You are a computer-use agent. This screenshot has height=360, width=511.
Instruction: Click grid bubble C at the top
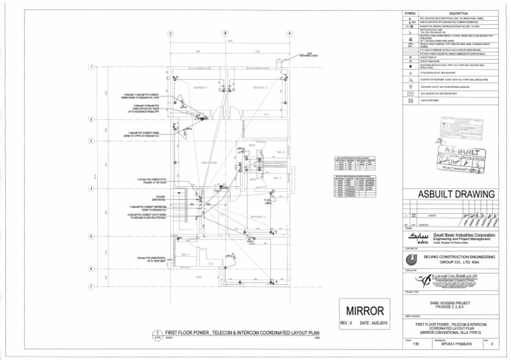[170, 33]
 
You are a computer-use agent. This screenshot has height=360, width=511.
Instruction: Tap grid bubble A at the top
[289, 33]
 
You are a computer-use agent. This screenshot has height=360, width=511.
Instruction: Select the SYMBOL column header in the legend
[413, 13]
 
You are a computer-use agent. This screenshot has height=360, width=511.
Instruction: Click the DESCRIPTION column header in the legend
[460, 13]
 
